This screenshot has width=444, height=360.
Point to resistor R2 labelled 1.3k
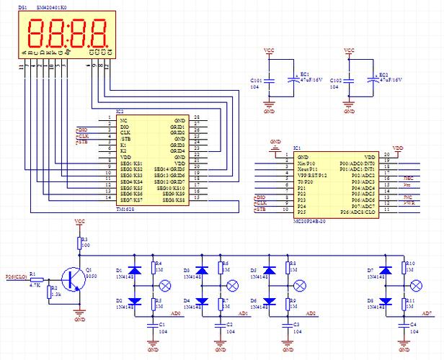[49, 292]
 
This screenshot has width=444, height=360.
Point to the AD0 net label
[175, 314]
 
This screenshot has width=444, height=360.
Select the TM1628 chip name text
[125, 206]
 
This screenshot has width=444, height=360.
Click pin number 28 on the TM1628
[197, 117]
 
